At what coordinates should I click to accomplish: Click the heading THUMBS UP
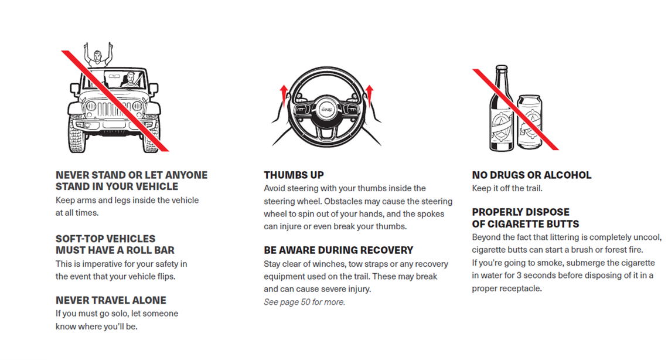[294, 175]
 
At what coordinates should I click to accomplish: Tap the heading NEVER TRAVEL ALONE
[111, 300]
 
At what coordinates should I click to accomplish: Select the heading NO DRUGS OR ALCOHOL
[531, 175]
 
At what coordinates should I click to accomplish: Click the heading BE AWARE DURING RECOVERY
[338, 250]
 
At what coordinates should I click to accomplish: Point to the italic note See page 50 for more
[304, 302]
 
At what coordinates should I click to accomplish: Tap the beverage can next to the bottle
[529, 123]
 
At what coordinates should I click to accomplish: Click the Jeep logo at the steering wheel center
[326, 110]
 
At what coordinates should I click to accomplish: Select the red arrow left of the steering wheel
[284, 96]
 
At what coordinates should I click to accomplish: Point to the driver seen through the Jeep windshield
[130, 80]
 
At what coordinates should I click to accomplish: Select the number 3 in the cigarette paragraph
[519, 275]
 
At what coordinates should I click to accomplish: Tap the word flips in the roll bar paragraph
[166, 277]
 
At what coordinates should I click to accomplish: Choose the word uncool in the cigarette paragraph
[648, 237]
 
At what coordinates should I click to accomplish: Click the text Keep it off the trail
[507, 188]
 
